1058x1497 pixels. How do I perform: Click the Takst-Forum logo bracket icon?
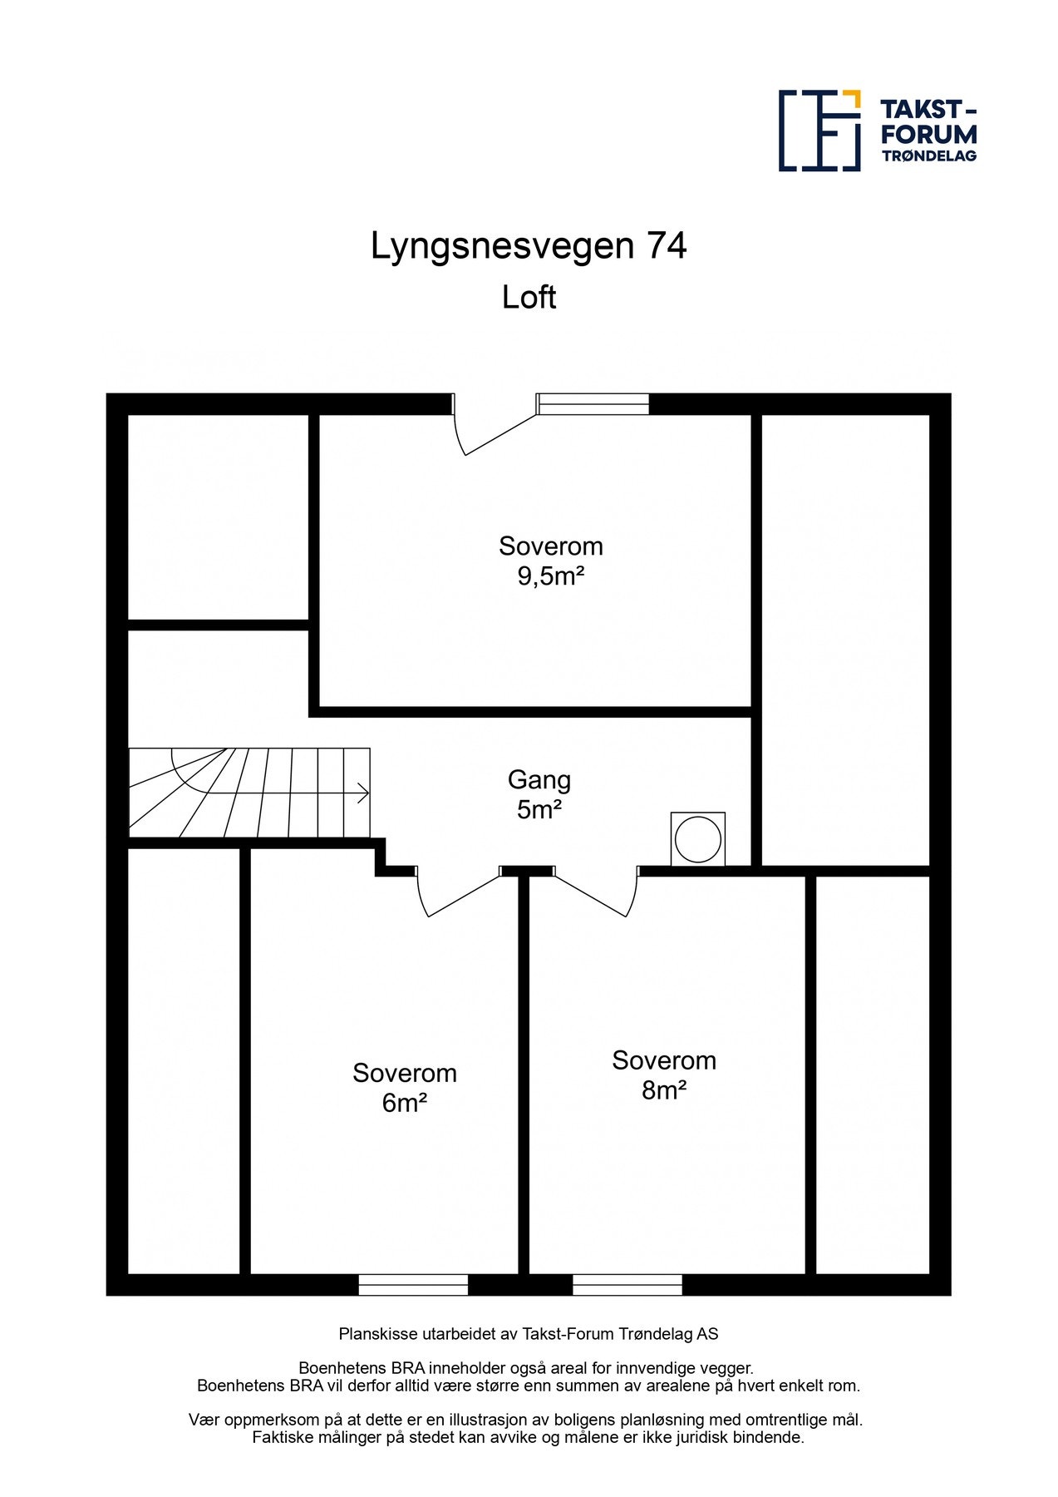click(819, 131)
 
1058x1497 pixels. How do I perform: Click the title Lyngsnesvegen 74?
click(529, 246)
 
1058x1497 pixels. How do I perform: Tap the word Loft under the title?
click(529, 297)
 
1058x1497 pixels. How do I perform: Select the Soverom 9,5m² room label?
click(550, 561)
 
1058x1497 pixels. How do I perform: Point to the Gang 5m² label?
click(539, 794)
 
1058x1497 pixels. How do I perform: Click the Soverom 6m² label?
click(405, 1087)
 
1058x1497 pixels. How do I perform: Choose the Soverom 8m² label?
click(664, 1075)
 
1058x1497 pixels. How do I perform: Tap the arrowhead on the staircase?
click(364, 793)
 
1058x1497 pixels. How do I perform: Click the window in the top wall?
click(592, 404)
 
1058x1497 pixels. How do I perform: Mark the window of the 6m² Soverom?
click(413, 1285)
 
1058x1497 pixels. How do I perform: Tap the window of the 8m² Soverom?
click(627, 1285)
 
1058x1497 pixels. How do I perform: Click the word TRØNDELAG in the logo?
click(928, 156)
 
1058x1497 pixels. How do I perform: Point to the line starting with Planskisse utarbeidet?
click(529, 1334)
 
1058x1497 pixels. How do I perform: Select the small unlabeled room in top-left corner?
click(218, 516)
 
